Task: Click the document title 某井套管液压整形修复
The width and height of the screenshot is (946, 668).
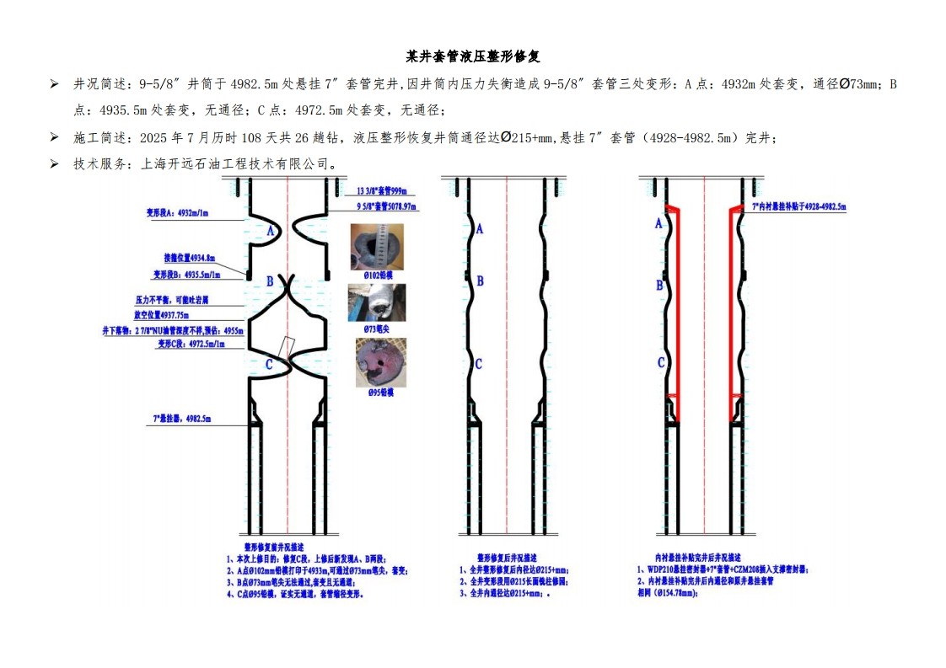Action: coord(473,57)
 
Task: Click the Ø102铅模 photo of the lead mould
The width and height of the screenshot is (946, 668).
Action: coord(377,246)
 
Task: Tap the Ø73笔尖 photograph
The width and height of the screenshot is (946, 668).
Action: coord(377,302)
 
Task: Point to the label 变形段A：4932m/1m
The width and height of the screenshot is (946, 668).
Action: coord(179,214)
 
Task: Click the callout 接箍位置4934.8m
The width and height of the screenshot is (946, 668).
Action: coord(190,258)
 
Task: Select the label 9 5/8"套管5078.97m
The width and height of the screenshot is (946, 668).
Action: coord(385,206)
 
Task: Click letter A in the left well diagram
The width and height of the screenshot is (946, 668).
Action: coord(271,231)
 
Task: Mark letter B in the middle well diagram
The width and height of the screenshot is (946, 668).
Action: coord(481,281)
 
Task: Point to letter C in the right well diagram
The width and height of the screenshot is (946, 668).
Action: coord(660,363)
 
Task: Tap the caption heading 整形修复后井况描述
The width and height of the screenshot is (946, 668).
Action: coord(507,558)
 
